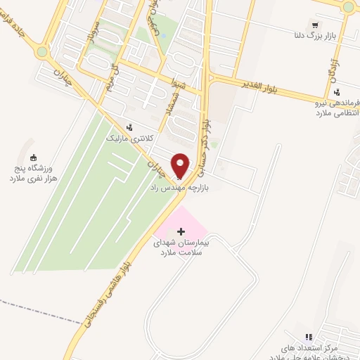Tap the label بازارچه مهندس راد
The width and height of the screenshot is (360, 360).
[176, 188]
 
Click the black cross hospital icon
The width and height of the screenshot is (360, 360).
[181, 231]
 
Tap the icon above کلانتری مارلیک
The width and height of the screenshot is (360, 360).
[129, 127]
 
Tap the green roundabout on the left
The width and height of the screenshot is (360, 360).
[43, 51]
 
